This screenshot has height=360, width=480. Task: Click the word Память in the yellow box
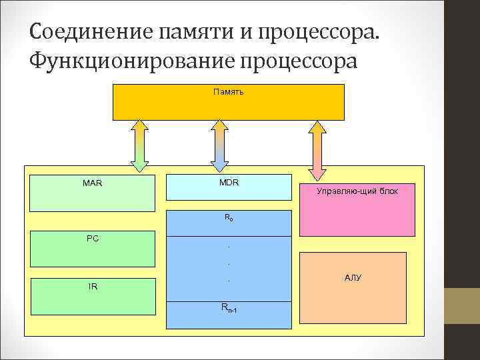228,91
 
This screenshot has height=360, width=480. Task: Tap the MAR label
93,183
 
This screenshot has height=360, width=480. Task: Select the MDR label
229,182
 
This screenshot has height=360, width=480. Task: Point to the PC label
93,238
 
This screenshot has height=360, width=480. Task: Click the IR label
93,287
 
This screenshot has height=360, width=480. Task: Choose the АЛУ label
353,277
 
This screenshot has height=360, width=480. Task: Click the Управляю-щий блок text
357,191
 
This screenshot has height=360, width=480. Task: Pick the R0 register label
229,217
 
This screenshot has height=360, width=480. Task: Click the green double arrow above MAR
139,146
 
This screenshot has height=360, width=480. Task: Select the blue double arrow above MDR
219,146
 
